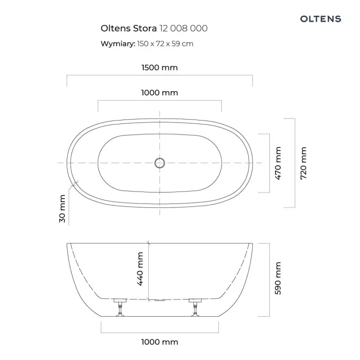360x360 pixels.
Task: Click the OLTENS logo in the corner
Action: point(321,19)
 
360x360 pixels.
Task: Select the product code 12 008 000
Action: point(183,28)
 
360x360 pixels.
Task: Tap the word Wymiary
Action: point(118,44)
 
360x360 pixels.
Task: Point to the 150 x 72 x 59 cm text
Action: point(165,44)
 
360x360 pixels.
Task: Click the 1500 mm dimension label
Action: point(159,68)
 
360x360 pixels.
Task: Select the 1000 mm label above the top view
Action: point(159,93)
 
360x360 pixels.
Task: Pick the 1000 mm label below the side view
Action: point(159,342)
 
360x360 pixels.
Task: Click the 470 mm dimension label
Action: point(278,163)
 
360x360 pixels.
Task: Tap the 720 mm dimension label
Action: point(303,163)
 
